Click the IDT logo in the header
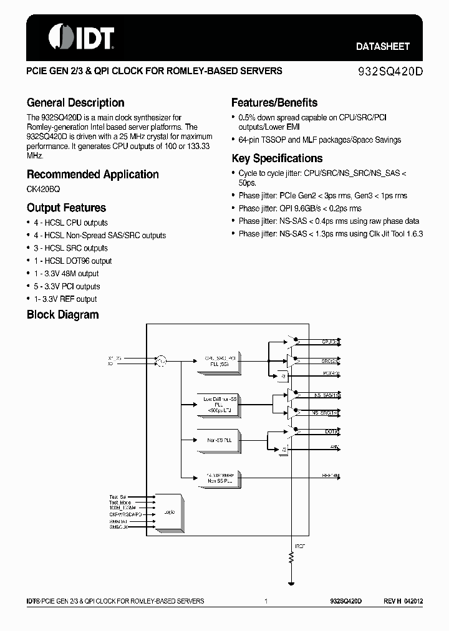82,37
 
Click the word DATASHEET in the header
382,46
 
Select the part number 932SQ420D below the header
391,71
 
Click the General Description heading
75,103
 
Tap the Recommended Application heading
92,175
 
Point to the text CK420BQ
44,188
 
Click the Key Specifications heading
277,158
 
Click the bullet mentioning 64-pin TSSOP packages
319,140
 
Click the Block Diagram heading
62,315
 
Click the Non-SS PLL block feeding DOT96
218,440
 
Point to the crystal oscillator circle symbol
161,360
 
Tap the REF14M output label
331,476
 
